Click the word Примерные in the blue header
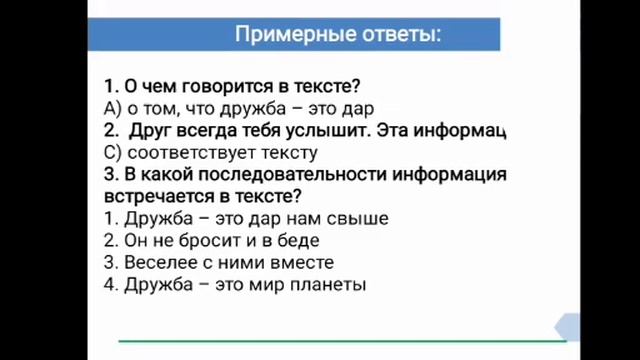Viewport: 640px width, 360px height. click(284, 35)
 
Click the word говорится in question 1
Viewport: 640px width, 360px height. click(217, 86)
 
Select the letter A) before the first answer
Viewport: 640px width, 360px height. click(111, 108)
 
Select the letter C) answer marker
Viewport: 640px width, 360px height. click(111, 152)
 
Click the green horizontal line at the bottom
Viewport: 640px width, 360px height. click(340, 341)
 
